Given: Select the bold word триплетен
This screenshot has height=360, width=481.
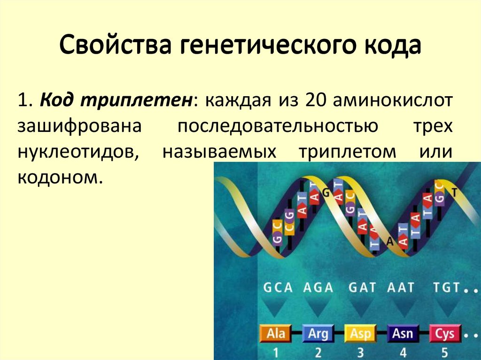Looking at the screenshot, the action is pyautogui.click(x=137, y=100).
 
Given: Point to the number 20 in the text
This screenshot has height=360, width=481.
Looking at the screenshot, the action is pyautogui.click(x=315, y=100).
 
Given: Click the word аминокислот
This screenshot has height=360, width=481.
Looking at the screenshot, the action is pyautogui.click(x=393, y=100).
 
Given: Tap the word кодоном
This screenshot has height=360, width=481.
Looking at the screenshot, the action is pyautogui.click(x=60, y=177).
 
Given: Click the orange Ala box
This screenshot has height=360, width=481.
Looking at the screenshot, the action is pyautogui.click(x=276, y=333).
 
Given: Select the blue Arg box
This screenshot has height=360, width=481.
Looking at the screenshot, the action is pyautogui.click(x=318, y=333).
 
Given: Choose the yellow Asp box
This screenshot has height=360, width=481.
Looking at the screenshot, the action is pyautogui.click(x=360, y=333).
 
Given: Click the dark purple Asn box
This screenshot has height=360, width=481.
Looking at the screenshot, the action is pyautogui.click(x=403, y=333).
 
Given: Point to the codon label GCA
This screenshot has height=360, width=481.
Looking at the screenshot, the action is pyautogui.click(x=278, y=288).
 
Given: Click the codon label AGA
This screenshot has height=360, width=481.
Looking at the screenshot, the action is pyautogui.click(x=318, y=288).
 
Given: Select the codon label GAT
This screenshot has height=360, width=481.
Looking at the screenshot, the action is pyautogui.click(x=362, y=288).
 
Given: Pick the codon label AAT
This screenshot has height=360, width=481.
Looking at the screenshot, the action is pyautogui.click(x=400, y=288).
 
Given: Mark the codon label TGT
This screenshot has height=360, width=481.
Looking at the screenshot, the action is pyautogui.click(x=446, y=288).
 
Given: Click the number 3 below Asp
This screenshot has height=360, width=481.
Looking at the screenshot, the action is pyautogui.click(x=360, y=352).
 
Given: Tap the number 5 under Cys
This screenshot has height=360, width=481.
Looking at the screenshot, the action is pyautogui.click(x=445, y=352).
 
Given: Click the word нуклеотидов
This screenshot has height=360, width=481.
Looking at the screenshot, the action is pyautogui.click(x=78, y=152).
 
